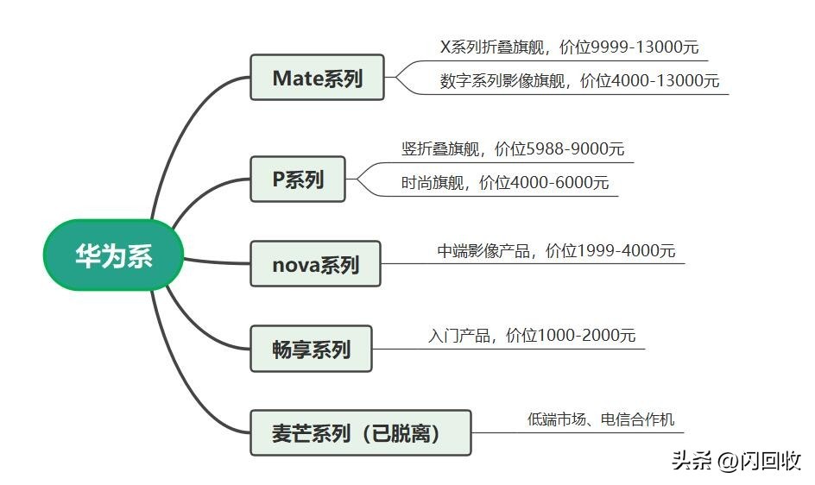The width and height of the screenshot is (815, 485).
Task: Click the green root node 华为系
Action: [x=113, y=255]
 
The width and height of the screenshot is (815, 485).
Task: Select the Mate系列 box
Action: [x=317, y=78]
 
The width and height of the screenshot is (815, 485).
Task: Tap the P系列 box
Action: [x=297, y=179]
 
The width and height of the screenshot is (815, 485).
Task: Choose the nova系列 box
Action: [x=314, y=264]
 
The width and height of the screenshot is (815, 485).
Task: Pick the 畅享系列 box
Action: [x=311, y=349]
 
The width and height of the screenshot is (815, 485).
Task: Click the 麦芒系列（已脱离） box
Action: [x=360, y=432]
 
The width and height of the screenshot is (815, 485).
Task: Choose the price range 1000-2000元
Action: [x=586, y=335]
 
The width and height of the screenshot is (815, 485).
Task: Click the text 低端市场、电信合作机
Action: [x=601, y=420]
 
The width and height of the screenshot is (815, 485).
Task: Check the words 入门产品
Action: [x=458, y=335]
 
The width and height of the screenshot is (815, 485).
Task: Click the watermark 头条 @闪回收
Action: [x=736, y=461]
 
